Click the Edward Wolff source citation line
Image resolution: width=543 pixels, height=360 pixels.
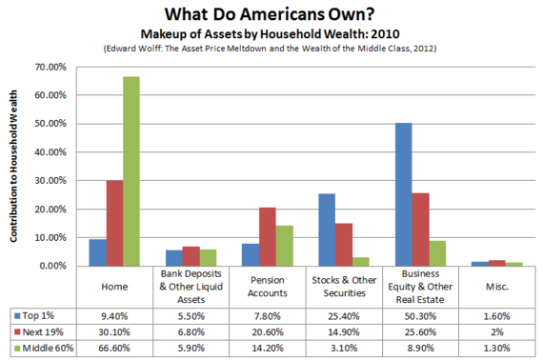click(271, 49)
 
